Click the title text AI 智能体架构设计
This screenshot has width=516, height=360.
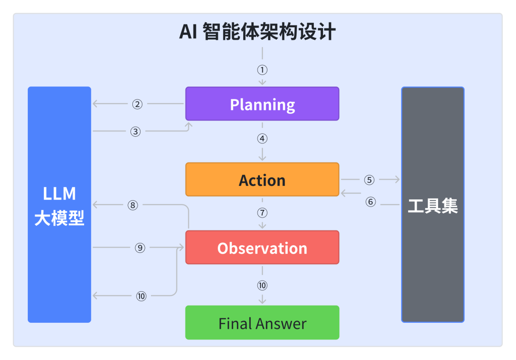coord(258,33)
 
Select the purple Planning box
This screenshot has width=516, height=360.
coord(262,104)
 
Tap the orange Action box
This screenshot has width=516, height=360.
coord(262,180)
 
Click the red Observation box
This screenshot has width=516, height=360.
coord(262,248)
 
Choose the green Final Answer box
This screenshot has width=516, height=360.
coord(262,323)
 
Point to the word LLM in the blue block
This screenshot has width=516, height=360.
coord(59,194)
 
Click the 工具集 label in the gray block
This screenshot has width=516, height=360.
coord(432,206)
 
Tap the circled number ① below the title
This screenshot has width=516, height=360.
coord(262,70)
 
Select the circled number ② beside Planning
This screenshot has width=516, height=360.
coord(138,104)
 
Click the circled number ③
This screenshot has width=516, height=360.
coord(136,131)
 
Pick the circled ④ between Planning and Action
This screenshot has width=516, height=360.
coord(262,139)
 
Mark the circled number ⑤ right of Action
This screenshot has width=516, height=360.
coord(369,180)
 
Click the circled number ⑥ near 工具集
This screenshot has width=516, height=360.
coord(371,202)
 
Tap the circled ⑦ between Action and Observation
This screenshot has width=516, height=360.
coord(262,213)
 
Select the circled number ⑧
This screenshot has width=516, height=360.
coord(133,205)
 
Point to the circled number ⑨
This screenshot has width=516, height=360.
coord(140,248)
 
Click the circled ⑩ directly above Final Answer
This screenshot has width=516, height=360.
coord(262,285)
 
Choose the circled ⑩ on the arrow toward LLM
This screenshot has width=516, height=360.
coord(141,296)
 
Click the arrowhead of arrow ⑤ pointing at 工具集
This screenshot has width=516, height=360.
coord(397,180)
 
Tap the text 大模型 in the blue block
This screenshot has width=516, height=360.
coord(59,218)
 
